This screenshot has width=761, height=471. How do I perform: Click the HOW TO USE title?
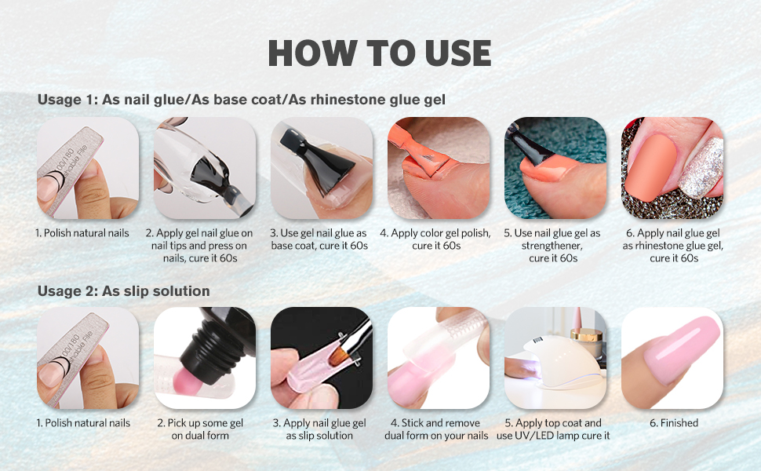coord(380,53)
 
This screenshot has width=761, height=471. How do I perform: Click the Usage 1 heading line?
coord(242,100)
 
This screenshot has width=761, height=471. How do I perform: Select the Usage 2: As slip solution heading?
coord(123,291)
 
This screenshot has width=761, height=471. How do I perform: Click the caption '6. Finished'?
coord(674,423)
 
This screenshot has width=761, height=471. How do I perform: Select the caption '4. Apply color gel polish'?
coord(435,239)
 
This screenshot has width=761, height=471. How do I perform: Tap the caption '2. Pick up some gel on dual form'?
coord(206,429)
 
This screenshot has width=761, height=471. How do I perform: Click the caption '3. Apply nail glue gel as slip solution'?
coord(319,429)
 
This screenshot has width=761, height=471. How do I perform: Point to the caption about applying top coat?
coord(553,429)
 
